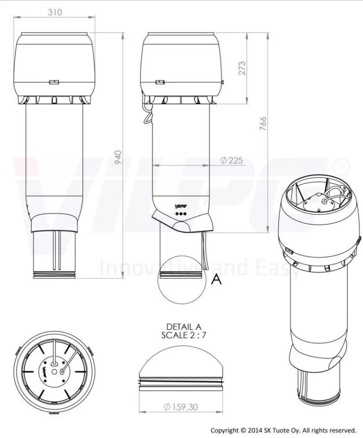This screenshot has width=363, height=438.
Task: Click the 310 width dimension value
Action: pyautogui.click(x=54, y=12)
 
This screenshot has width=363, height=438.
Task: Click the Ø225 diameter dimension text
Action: pyautogui.click(x=231, y=160)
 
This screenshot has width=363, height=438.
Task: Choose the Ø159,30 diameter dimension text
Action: pyautogui.click(x=181, y=407)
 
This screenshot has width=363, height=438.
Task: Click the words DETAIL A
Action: pyautogui.click(x=183, y=327)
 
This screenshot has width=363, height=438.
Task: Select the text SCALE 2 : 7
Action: pyautogui.click(x=183, y=335)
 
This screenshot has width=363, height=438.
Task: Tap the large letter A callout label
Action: pyautogui.click(x=217, y=279)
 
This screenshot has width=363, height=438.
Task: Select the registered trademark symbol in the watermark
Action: pyautogui.click(x=341, y=166)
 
